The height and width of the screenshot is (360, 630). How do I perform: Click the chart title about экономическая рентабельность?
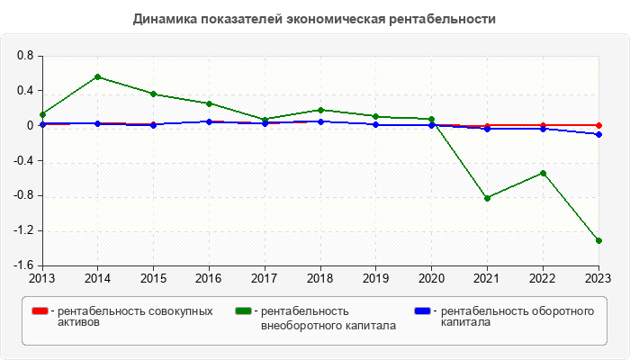314,19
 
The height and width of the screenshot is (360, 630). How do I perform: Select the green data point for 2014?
97,76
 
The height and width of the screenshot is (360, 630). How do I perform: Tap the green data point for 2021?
487,198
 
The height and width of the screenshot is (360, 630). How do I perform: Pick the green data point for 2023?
598,240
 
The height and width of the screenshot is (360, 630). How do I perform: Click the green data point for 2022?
543,173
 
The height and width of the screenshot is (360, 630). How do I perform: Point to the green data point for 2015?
153,94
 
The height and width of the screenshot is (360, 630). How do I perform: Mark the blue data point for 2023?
598,134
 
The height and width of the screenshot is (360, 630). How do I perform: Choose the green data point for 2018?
320,110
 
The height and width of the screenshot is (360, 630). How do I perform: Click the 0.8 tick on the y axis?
25,56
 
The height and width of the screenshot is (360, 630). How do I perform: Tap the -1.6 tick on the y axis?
23,265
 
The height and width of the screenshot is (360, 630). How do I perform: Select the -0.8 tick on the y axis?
23,196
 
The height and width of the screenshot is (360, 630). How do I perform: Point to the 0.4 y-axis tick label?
25,91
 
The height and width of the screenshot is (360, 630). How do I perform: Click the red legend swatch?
40,311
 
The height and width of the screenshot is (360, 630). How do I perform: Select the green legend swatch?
244,311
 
